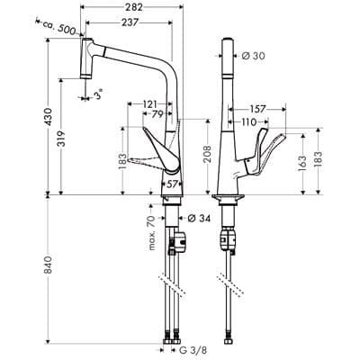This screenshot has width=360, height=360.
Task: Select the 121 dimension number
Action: (151, 105)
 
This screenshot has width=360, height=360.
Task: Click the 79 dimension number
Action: (157, 116)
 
